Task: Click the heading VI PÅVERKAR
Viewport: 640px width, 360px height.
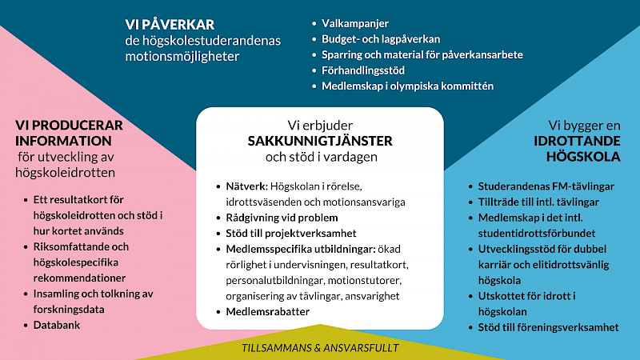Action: click(x=170, y=25)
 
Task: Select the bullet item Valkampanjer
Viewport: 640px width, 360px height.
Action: click(x=355, y=24)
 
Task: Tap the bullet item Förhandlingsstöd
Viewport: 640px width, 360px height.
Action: click(x=363, y=70)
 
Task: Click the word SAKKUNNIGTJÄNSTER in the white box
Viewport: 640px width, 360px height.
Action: click(x=320, y=141)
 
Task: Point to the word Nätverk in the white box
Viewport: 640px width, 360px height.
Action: click(x=246, y=186)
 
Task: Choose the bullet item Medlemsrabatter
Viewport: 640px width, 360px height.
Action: click(x=268, y=312)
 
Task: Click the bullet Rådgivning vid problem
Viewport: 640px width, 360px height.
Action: click(x=282, y=218)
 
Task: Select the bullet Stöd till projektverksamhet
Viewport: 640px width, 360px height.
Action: click(x=291, y=234)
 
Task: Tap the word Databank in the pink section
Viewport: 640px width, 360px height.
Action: click(x=57, y=326)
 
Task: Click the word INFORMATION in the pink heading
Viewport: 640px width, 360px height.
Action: click(x=64, y=141)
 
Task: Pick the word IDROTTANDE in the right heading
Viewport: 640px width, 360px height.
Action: click(x=577, y=142)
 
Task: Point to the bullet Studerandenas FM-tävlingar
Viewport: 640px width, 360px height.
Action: click(x=546, y=186)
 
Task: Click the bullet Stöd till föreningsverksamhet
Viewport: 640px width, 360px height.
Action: click(x=549, y=327)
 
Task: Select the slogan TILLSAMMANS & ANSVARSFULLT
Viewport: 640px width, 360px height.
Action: click(x=321, y=348)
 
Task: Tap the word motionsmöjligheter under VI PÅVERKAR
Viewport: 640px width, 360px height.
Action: click(x=182, y=56)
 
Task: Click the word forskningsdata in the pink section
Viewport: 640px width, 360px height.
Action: click(x=69, y=310)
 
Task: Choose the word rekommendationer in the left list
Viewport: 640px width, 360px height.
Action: click(x=79, y=278)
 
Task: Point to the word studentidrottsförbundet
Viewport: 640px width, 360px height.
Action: click(x=537, y=234)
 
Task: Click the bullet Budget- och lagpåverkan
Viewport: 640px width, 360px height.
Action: click(x=381, y=39)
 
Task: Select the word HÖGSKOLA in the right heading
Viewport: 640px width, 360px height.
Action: click(x=583, y=157)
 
